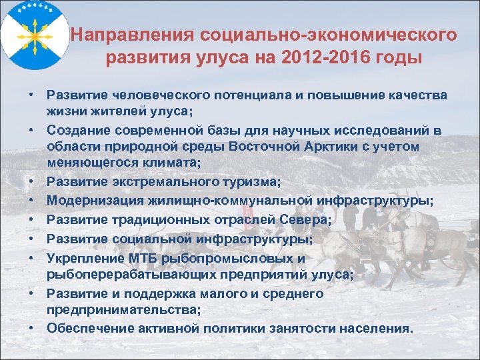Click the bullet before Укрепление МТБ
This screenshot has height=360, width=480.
coord(31,257)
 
